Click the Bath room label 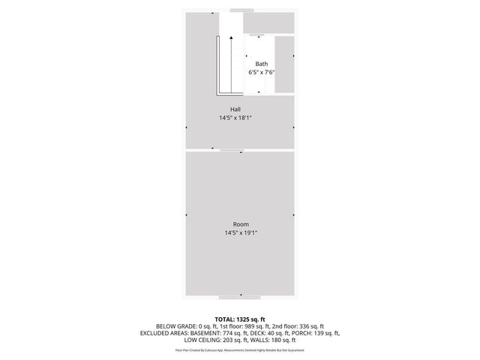point(261,64)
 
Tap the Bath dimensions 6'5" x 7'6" point(261,73)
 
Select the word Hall point(235,109)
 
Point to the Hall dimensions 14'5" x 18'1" point(235,118)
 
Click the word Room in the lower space point(240,225)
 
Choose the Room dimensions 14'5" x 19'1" point(240,233)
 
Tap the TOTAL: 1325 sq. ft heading point(240,319)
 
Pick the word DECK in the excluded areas point(253,333)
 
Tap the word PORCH point(297,333)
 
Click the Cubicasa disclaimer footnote point(240,349)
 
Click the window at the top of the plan point(241,10)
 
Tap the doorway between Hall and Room point(232,151)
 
